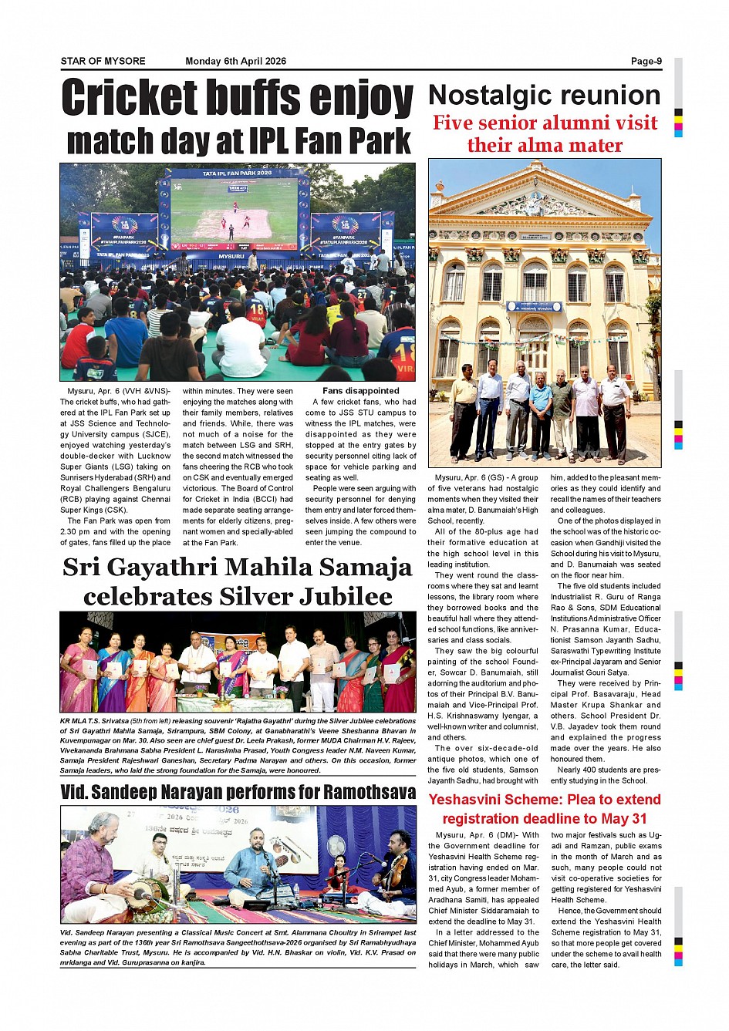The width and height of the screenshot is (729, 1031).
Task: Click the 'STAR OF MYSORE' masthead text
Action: click(x=103, y=61)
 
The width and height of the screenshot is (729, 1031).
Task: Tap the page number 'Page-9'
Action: click(x=646, y=61)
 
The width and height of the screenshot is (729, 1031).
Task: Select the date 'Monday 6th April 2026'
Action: click(x=235, y=61)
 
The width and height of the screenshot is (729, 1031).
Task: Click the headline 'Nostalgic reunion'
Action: click(x=544, y=96)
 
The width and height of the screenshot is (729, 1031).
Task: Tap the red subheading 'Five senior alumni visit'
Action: click(x=545, y=123)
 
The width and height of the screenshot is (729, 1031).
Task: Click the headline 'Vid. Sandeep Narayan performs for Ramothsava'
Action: click(x=238, y=792)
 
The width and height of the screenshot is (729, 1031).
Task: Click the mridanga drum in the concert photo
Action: click(x=145, y=895)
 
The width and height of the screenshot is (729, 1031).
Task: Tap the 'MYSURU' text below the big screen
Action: click(x=231, y=255)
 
